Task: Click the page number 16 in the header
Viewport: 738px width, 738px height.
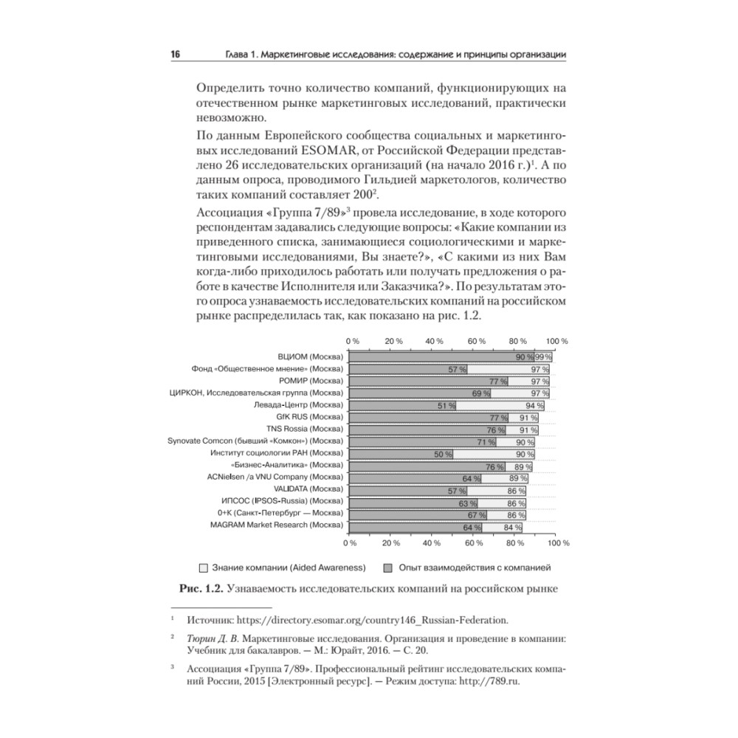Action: click(176, 55)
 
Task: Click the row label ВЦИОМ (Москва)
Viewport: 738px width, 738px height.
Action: click(311, 357)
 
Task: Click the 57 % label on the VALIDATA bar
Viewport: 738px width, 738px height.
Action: click(457, 490)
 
